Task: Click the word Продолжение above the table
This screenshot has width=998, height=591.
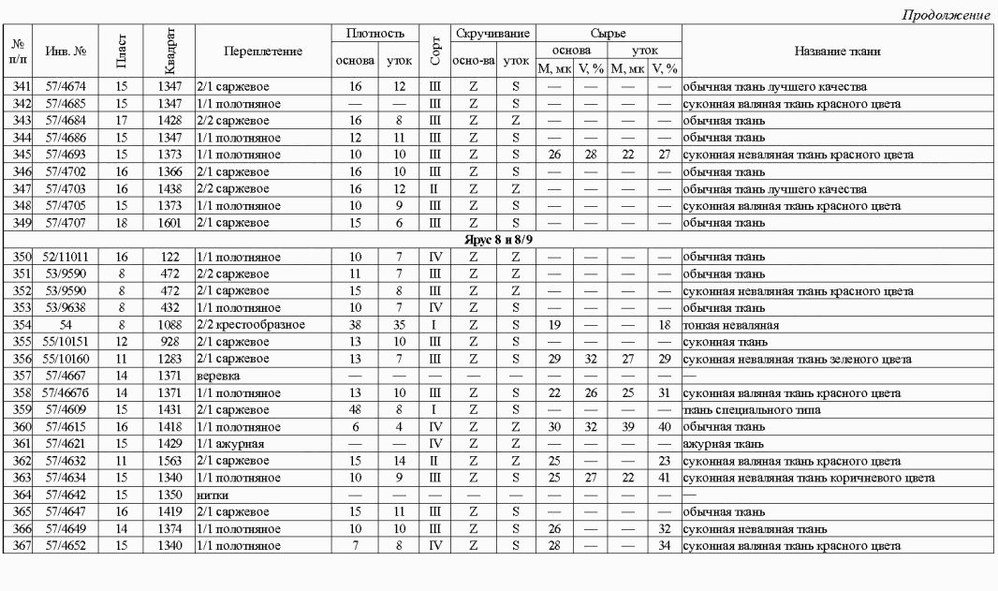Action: [x=947, y=15]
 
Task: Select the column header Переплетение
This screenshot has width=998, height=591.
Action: [x=249, y=51]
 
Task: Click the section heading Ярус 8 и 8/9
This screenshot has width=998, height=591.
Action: [x=498, y=241]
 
